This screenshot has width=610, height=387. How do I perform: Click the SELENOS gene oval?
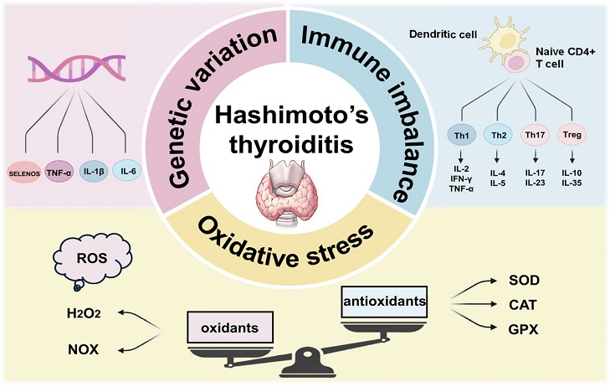(x=24, y=173)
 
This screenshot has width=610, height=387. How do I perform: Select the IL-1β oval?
(x=94, y=171)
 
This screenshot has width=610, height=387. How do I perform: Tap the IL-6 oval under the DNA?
(x=127, y=171)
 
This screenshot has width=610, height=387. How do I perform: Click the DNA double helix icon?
(x=77, y=68)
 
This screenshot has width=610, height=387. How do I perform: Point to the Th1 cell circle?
(x=461, y=136)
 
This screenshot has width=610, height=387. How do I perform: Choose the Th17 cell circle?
(x=536, y=135)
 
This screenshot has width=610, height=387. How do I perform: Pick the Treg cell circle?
(x=572, y=135)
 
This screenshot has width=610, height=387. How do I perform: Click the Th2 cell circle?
(x=499, y=135)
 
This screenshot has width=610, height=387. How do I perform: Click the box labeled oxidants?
(x=230, y=328)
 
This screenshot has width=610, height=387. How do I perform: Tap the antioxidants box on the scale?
(x=384, y=302)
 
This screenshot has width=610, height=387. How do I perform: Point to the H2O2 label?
(x=84, y=313)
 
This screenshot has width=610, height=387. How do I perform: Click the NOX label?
(x=83, y=349)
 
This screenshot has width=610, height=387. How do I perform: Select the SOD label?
(x=524, y=280)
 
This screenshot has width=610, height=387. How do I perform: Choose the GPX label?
(x=523, y=329)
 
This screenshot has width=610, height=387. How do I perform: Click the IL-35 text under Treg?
(x=572, y=183)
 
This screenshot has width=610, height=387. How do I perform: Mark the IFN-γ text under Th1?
(x=461, y=178)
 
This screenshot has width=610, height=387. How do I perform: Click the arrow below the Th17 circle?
(x=536, y=157)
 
